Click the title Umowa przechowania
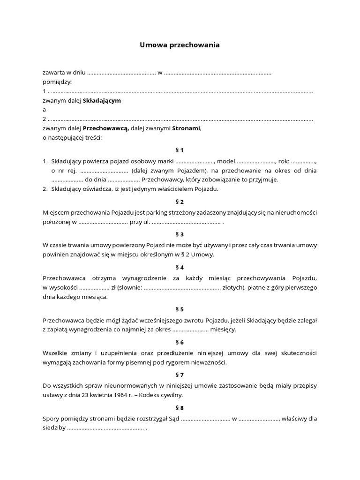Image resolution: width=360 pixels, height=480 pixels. (180, 45)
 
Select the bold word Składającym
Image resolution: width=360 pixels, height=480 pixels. (102, 100)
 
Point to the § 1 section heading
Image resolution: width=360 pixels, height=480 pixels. (180, 150)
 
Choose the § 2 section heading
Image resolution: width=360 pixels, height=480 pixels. (180, 202)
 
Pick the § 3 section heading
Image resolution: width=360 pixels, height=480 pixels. (180, 234)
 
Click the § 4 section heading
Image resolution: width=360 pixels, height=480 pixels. (180, 267)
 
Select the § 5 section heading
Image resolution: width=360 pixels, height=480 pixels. (180, 309)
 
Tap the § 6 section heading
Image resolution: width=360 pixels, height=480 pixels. (180, 342)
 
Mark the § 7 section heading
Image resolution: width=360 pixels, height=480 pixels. (180, 375)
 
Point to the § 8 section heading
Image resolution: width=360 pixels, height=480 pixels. (180, 408)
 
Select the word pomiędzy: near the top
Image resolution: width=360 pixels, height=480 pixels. (57, 82)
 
